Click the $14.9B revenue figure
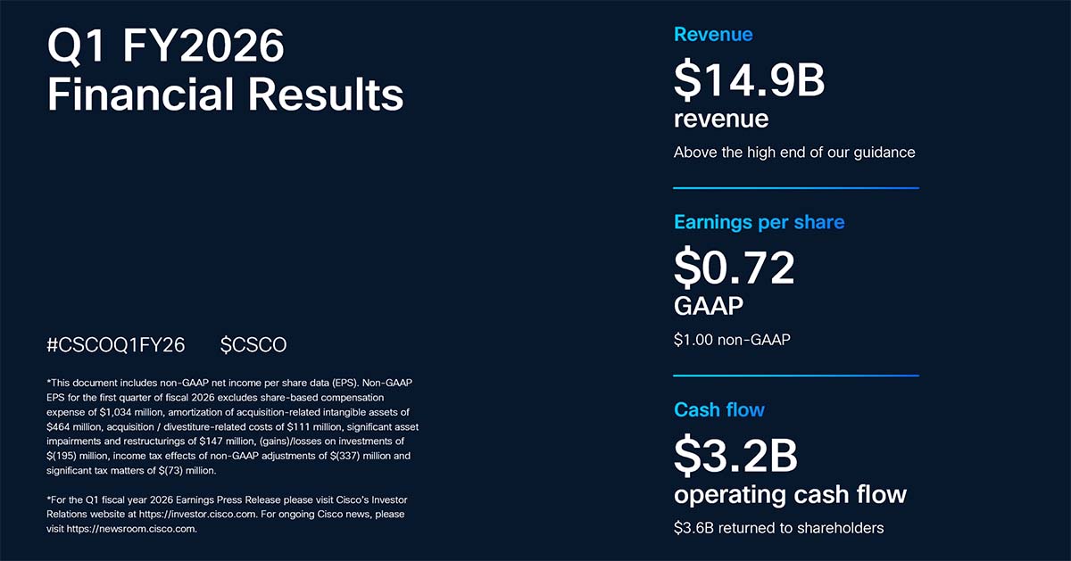coord(749,79)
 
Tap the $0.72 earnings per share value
coord(734,267)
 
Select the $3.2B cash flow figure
coord(735,455)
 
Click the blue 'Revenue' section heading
coord(713,35)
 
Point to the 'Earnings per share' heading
coord(759,222)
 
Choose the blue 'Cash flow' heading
coord(719,410)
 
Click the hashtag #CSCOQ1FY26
coord(116,345)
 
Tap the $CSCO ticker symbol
coord(253,345)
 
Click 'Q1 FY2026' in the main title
coord(165,46)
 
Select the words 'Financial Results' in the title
coord(225,95)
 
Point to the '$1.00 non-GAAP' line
coord(732,340)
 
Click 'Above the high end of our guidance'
coord(794,153)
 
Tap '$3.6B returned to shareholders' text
coord(778,528)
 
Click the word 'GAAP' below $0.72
coord(709,307)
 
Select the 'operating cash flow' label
coord(790,494)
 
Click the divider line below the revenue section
coord(795,188)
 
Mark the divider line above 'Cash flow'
coord(795,375)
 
